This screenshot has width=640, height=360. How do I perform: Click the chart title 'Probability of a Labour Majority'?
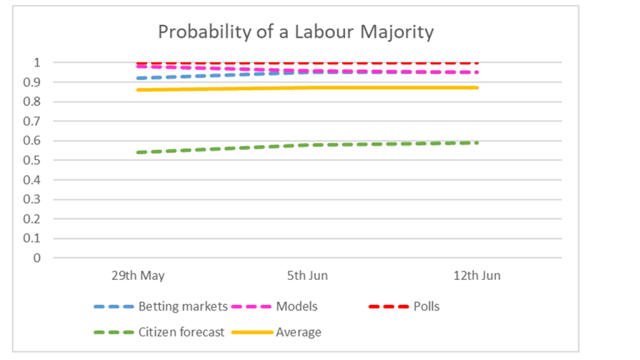click(295, 32)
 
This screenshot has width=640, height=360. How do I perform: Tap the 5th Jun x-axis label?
click(307, 276)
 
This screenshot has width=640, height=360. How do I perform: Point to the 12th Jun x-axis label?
click(477, 276)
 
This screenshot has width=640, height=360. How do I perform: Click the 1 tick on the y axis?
click(37, 62)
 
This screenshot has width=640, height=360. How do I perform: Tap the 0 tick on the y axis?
click(37, 257)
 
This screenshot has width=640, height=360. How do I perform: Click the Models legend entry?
click(296, 307)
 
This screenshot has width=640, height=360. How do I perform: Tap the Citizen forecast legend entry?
click(181, 332)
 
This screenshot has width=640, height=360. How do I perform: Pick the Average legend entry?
click(298, 332)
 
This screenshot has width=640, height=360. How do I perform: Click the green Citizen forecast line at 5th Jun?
click(307, 145)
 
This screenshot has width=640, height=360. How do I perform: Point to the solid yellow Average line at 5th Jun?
click(307, 87)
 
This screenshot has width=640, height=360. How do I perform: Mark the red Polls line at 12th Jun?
click(477, 63)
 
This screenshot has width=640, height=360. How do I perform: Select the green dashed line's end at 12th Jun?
click(477, 143)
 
